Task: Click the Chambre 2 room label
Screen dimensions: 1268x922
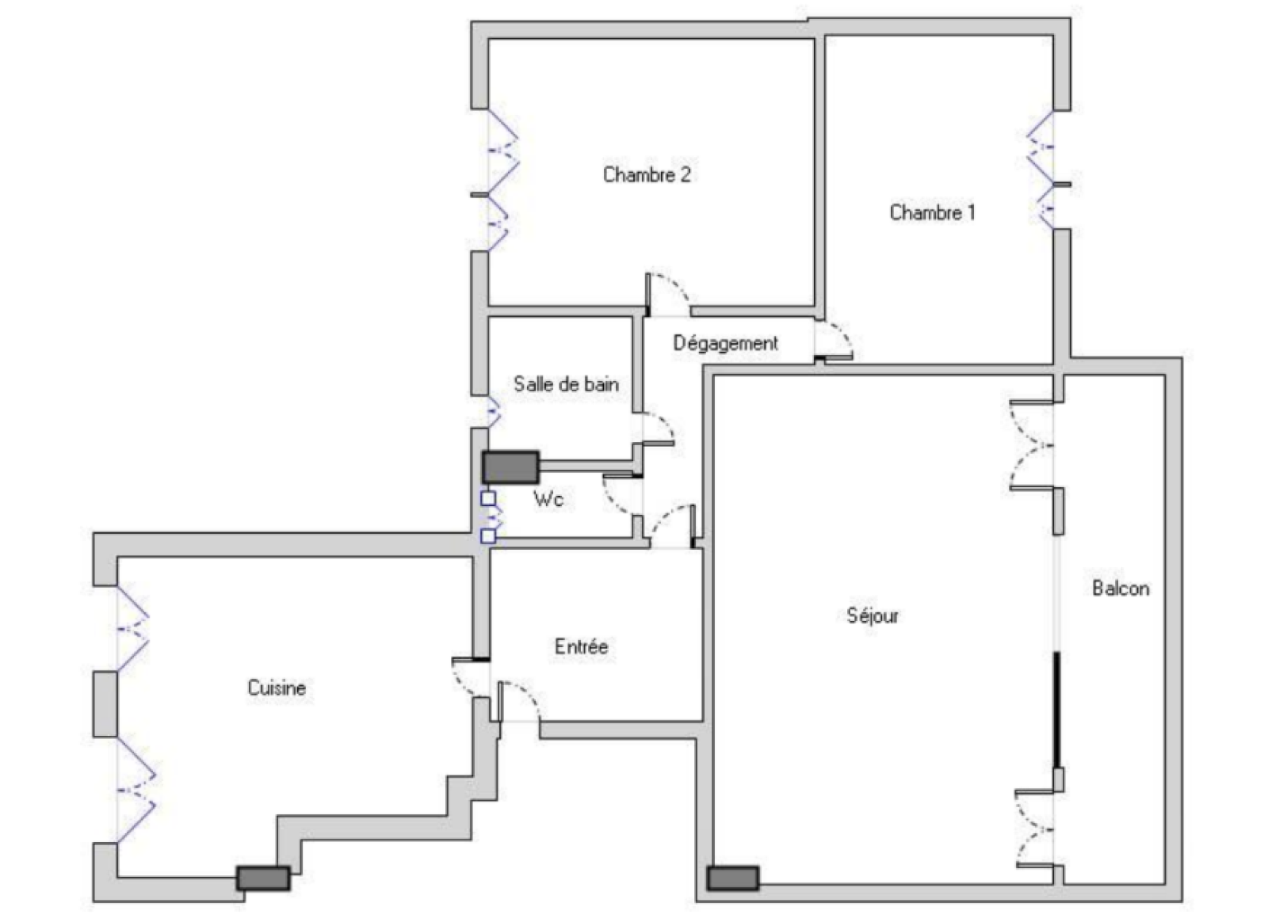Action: (647, 174)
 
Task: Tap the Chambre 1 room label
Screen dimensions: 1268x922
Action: (932, 212)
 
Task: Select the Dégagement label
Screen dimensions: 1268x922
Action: (725, 343)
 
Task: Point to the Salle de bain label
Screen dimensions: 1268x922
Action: (566, 385)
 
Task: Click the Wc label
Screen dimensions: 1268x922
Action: (548, 500)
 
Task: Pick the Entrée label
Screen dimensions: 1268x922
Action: (582, 646)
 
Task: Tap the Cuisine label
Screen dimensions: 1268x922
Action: (277, 688)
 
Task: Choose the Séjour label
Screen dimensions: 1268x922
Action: (873, 616)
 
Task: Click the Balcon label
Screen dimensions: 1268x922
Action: (1121, 589)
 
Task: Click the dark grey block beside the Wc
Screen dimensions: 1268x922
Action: (510, 467)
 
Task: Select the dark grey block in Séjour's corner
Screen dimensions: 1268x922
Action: (732, 878)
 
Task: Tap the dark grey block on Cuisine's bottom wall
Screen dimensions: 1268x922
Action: (263, 878)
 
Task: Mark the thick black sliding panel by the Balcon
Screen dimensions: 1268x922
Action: (1056, 710)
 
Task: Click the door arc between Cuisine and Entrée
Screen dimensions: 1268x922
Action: (462, 683)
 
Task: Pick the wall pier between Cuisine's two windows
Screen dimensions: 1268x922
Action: (105, 703)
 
